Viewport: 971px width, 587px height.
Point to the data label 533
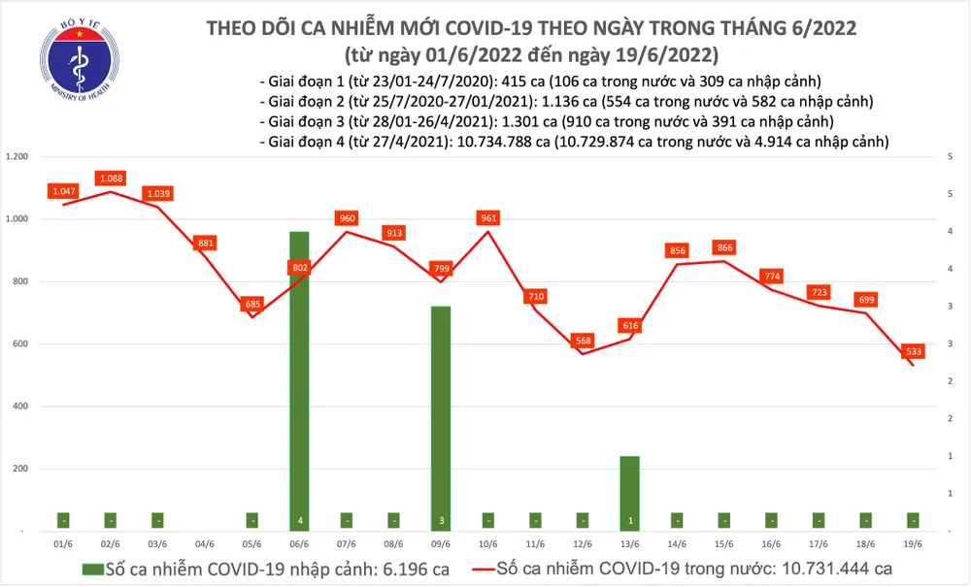point(914,350)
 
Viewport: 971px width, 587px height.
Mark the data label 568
point(583,340)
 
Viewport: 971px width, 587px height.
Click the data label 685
point(252,305)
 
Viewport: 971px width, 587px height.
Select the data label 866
point(723,247)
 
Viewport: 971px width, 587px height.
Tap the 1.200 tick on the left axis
point(17,157)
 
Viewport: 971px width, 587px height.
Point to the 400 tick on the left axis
point(21,407)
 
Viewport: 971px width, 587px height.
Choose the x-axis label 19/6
point(914,546)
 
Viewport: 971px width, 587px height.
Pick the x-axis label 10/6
point(487,546)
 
